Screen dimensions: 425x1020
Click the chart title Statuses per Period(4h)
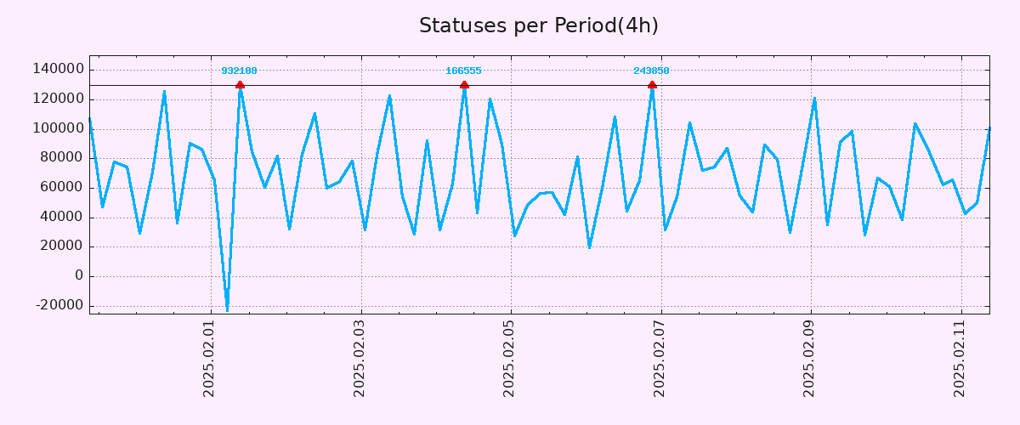coord(538,25)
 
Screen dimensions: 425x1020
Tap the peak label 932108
coord(239,71)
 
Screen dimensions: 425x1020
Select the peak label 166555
coord(463,71)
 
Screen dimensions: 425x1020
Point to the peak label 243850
coord(651,71)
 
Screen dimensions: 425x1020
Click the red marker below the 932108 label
coord(240,85)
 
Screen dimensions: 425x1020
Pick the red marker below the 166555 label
coord(464,85)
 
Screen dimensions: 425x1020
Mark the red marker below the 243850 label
coord(652,85)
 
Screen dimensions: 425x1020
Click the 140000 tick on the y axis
coord(58,70)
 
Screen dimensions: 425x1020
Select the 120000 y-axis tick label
coord(58,99)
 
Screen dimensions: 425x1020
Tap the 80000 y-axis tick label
coord(61,158)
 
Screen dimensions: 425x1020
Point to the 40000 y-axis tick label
coord(61,218)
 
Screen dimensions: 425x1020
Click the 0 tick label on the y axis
coord(79,276)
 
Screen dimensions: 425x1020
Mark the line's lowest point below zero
coord(227,309)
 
